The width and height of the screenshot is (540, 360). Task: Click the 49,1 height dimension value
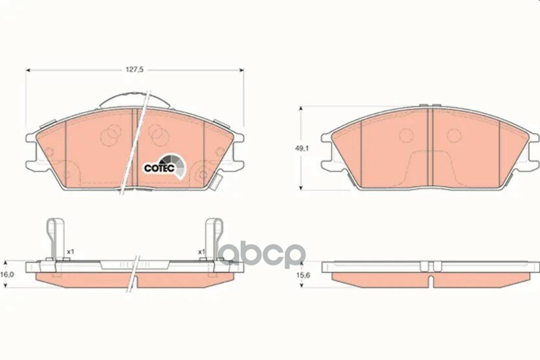[x=298, y=148]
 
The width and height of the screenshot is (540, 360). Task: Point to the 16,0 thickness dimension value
[x=6, y=275]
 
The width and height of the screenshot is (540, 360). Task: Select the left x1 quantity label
[x=71, y=252]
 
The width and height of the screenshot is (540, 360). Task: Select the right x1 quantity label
[x=201, y=252]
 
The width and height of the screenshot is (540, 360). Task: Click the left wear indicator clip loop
[x=56, y=238]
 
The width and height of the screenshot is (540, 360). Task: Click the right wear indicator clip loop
[x=214, y=238]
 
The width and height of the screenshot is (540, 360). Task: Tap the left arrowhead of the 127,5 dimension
[x=28, y=70]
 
